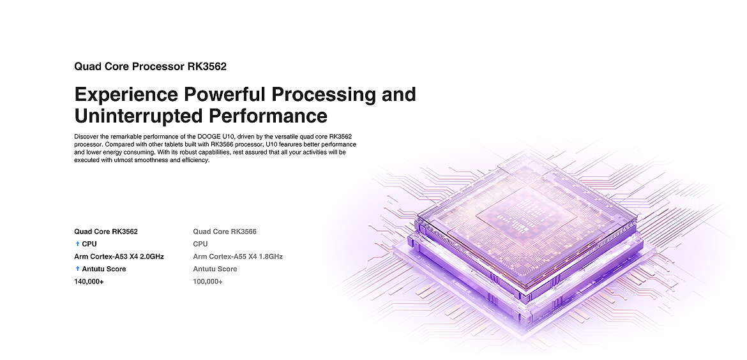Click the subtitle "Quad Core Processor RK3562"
150,66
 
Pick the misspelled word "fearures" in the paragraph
288,144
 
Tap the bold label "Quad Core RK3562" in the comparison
106,232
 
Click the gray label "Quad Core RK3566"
225,232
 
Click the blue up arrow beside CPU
77,244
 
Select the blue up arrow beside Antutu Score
77,269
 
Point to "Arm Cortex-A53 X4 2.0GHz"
119,257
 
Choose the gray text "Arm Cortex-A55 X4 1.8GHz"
238,257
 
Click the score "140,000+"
89,282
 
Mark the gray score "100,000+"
207,282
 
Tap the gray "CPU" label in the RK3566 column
200,244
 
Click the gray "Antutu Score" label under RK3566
215,269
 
